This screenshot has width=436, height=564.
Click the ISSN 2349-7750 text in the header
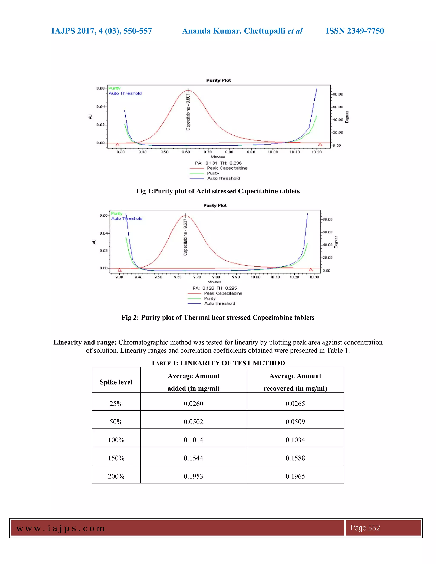(x=355, y=31)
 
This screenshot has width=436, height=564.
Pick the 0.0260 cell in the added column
(x=194, y=403)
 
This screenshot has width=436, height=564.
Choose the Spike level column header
(x=116, y=382)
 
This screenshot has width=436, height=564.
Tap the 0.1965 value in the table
(x=295, y=476)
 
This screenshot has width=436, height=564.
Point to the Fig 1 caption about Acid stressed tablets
(x=218, y=191)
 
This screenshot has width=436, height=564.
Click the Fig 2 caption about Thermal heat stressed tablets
(x=218, y=317)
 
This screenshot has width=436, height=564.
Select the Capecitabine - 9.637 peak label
(x=185, y=237)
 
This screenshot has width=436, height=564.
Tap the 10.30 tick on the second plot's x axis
(x=314, y=277)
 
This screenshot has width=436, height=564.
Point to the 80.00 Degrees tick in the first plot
(x=338, y=94)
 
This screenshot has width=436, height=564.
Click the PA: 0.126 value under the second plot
(x=204, y=288)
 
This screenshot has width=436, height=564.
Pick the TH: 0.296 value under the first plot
(x=231, y=163)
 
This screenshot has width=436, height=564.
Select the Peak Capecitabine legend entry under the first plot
(x=227, y=168)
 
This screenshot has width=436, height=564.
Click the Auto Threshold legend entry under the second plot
(x=219, y=303)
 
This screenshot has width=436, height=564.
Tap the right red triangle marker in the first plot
(x=320, y=144)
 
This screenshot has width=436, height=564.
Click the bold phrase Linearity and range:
(x=85, y=342)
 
